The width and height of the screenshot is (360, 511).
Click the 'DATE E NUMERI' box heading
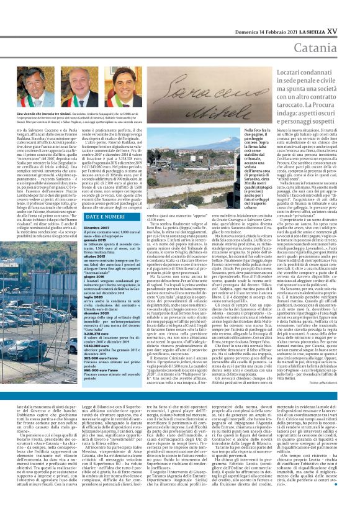pos(104,216)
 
